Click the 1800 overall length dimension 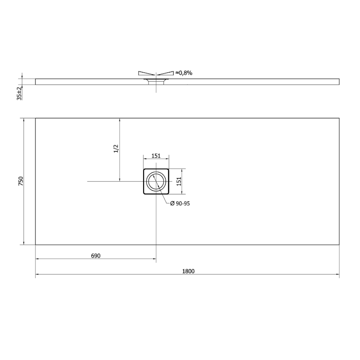tap(188, 271)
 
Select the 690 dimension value tap(96, 256)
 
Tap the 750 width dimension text tap(21, 181)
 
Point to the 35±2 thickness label tap(19, 93)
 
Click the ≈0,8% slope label tap(184, 73)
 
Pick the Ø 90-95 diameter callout tap(180, 203)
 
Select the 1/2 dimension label tap(116, 148)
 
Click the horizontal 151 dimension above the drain tap(156, 156)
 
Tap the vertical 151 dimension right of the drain tap(179, 181)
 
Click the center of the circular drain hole tap(156, 181)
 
